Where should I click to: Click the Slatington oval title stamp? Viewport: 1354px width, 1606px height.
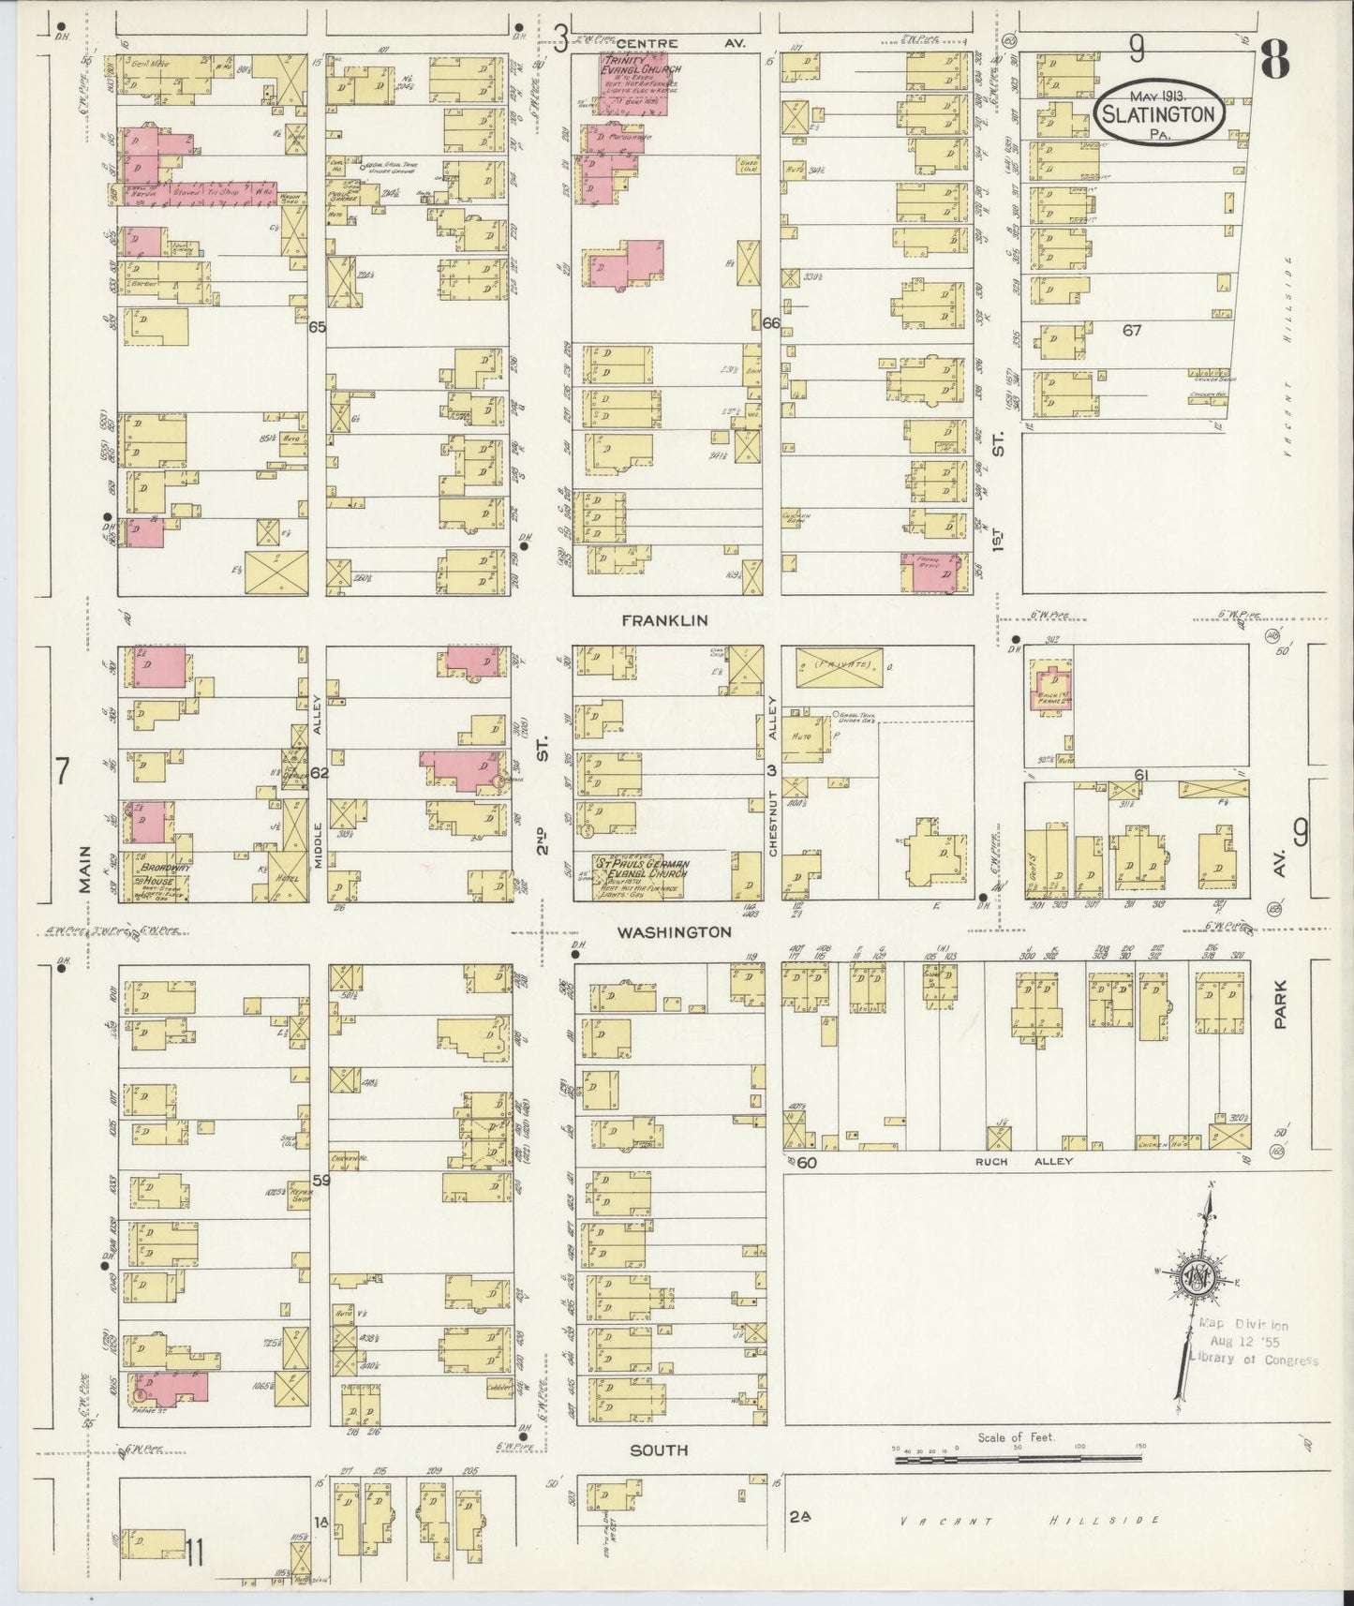click(1159, 112)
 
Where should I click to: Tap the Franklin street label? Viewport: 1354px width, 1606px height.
click(670, 620)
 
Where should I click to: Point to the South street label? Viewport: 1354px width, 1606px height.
click(658, 1450)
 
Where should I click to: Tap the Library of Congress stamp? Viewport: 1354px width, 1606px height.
click(1252, 1344)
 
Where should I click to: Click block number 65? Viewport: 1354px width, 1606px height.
click(317, 328)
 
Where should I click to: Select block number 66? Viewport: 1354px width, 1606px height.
click(771, 323)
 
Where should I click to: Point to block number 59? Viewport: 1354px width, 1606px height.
click(320, 1182)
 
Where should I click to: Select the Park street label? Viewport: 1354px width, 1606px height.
click(1280, 1005)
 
